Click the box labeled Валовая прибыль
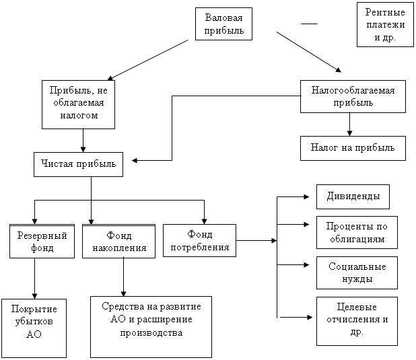coord(223,24)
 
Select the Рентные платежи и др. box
coord(385,25)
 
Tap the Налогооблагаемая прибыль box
coord(353,97)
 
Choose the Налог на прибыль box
coord(353,148)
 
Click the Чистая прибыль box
coord(78,164)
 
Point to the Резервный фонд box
coord(42,241)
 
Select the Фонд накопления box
coord(118,241)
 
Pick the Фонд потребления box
coord(199,240)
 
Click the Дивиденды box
coord(353,197)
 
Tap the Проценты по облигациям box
coord(357,232)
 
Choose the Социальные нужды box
coord(357,273)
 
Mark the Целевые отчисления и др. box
coord(357,321)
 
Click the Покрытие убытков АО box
coord(34,328)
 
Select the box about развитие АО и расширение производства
coord(151,327)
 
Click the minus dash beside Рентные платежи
coord(309,24)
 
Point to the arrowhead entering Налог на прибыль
coord(349,133)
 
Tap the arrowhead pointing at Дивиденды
coord(307,197)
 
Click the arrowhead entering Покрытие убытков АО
coord(34,296)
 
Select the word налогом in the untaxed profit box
coord(79,116)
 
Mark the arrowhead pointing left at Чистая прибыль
coord(135,161)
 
